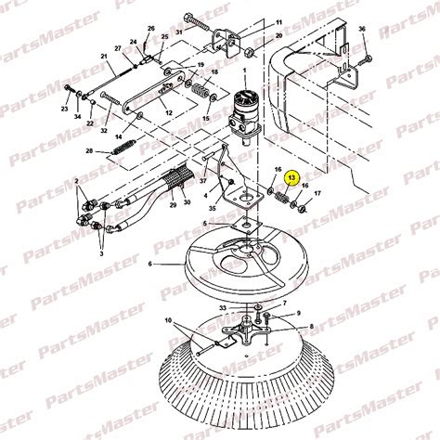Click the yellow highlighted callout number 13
pos(292,177)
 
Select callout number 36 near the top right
pos(362,29)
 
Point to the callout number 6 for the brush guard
pos(150,264)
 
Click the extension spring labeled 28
pos(123,148)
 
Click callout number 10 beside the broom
pos(168,321)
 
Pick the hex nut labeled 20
pos(252,52)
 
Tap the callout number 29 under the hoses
pos(173,205)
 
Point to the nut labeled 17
pos(303,209)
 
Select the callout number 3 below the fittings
pos(101,253)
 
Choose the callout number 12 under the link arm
pos(169,113)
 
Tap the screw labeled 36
pos(365,60)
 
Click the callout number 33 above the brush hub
pos(223,308)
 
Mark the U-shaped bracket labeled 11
pos(226,43)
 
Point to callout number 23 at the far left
pos(64,109)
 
